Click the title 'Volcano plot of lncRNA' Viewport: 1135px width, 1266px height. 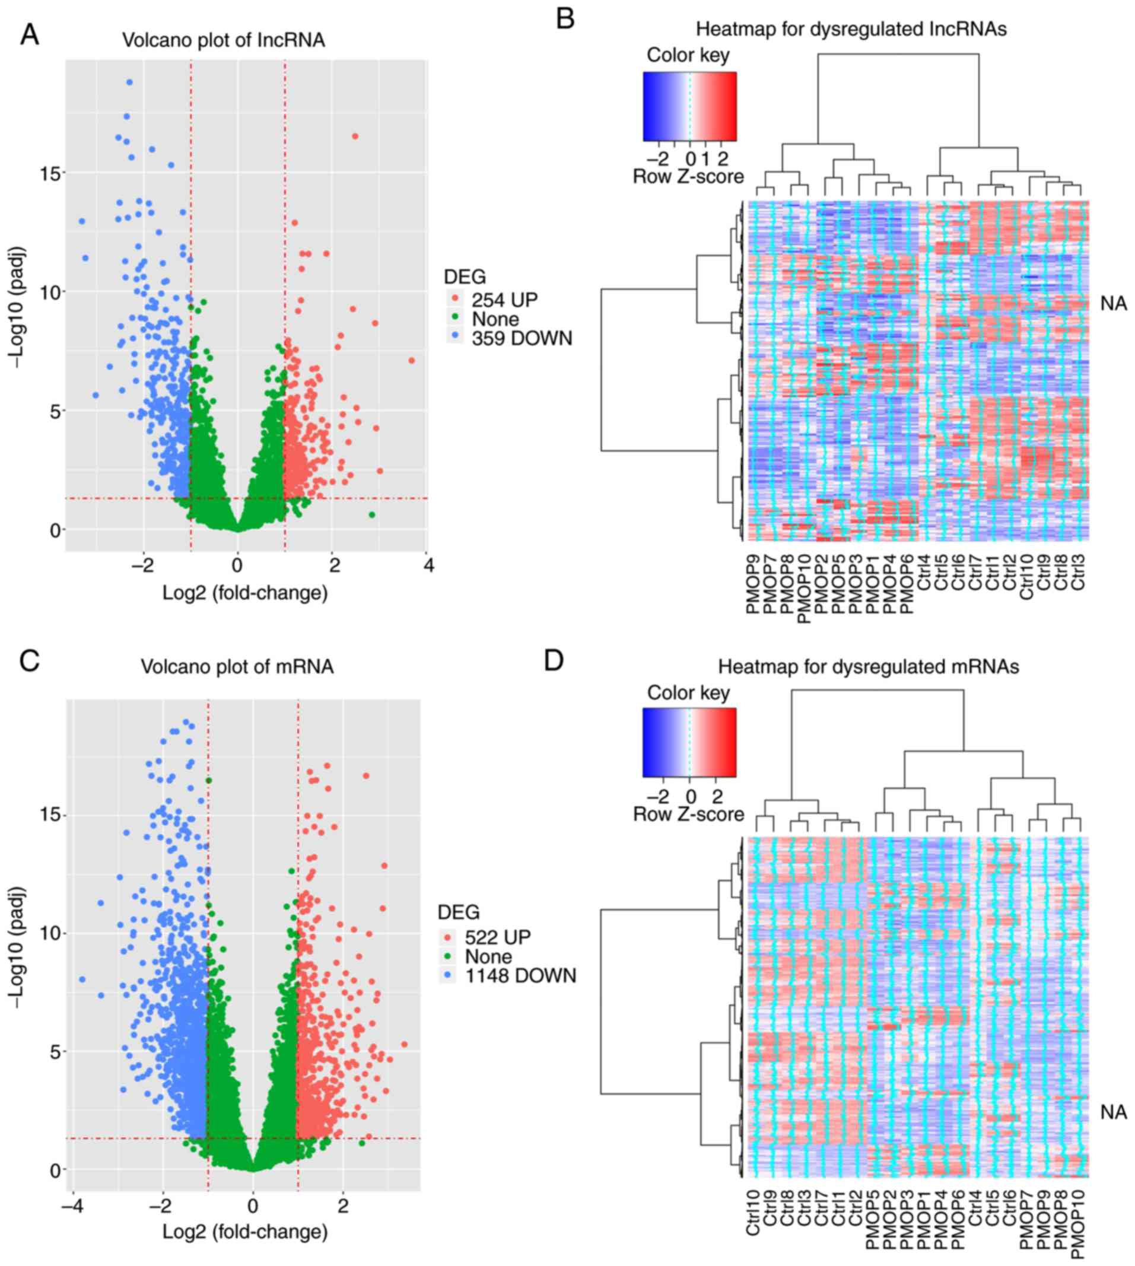pos(223,40)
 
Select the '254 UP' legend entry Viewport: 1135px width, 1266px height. pos(504,300)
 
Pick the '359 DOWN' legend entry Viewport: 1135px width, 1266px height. pos(522,339)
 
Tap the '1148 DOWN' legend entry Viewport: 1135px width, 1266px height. pos(520,976)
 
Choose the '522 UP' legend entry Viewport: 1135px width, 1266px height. pos(497,937)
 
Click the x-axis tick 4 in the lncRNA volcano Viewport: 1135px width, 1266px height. pos(428,565)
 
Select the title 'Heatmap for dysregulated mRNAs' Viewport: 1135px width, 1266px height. pos(868,667)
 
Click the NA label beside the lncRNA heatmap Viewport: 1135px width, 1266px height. pos(1113,304)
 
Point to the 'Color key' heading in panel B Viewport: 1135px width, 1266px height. pos(688,56)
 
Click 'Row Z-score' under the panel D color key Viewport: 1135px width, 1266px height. pos(688,814)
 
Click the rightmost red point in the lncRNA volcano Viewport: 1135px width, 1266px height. pos(412,361)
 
